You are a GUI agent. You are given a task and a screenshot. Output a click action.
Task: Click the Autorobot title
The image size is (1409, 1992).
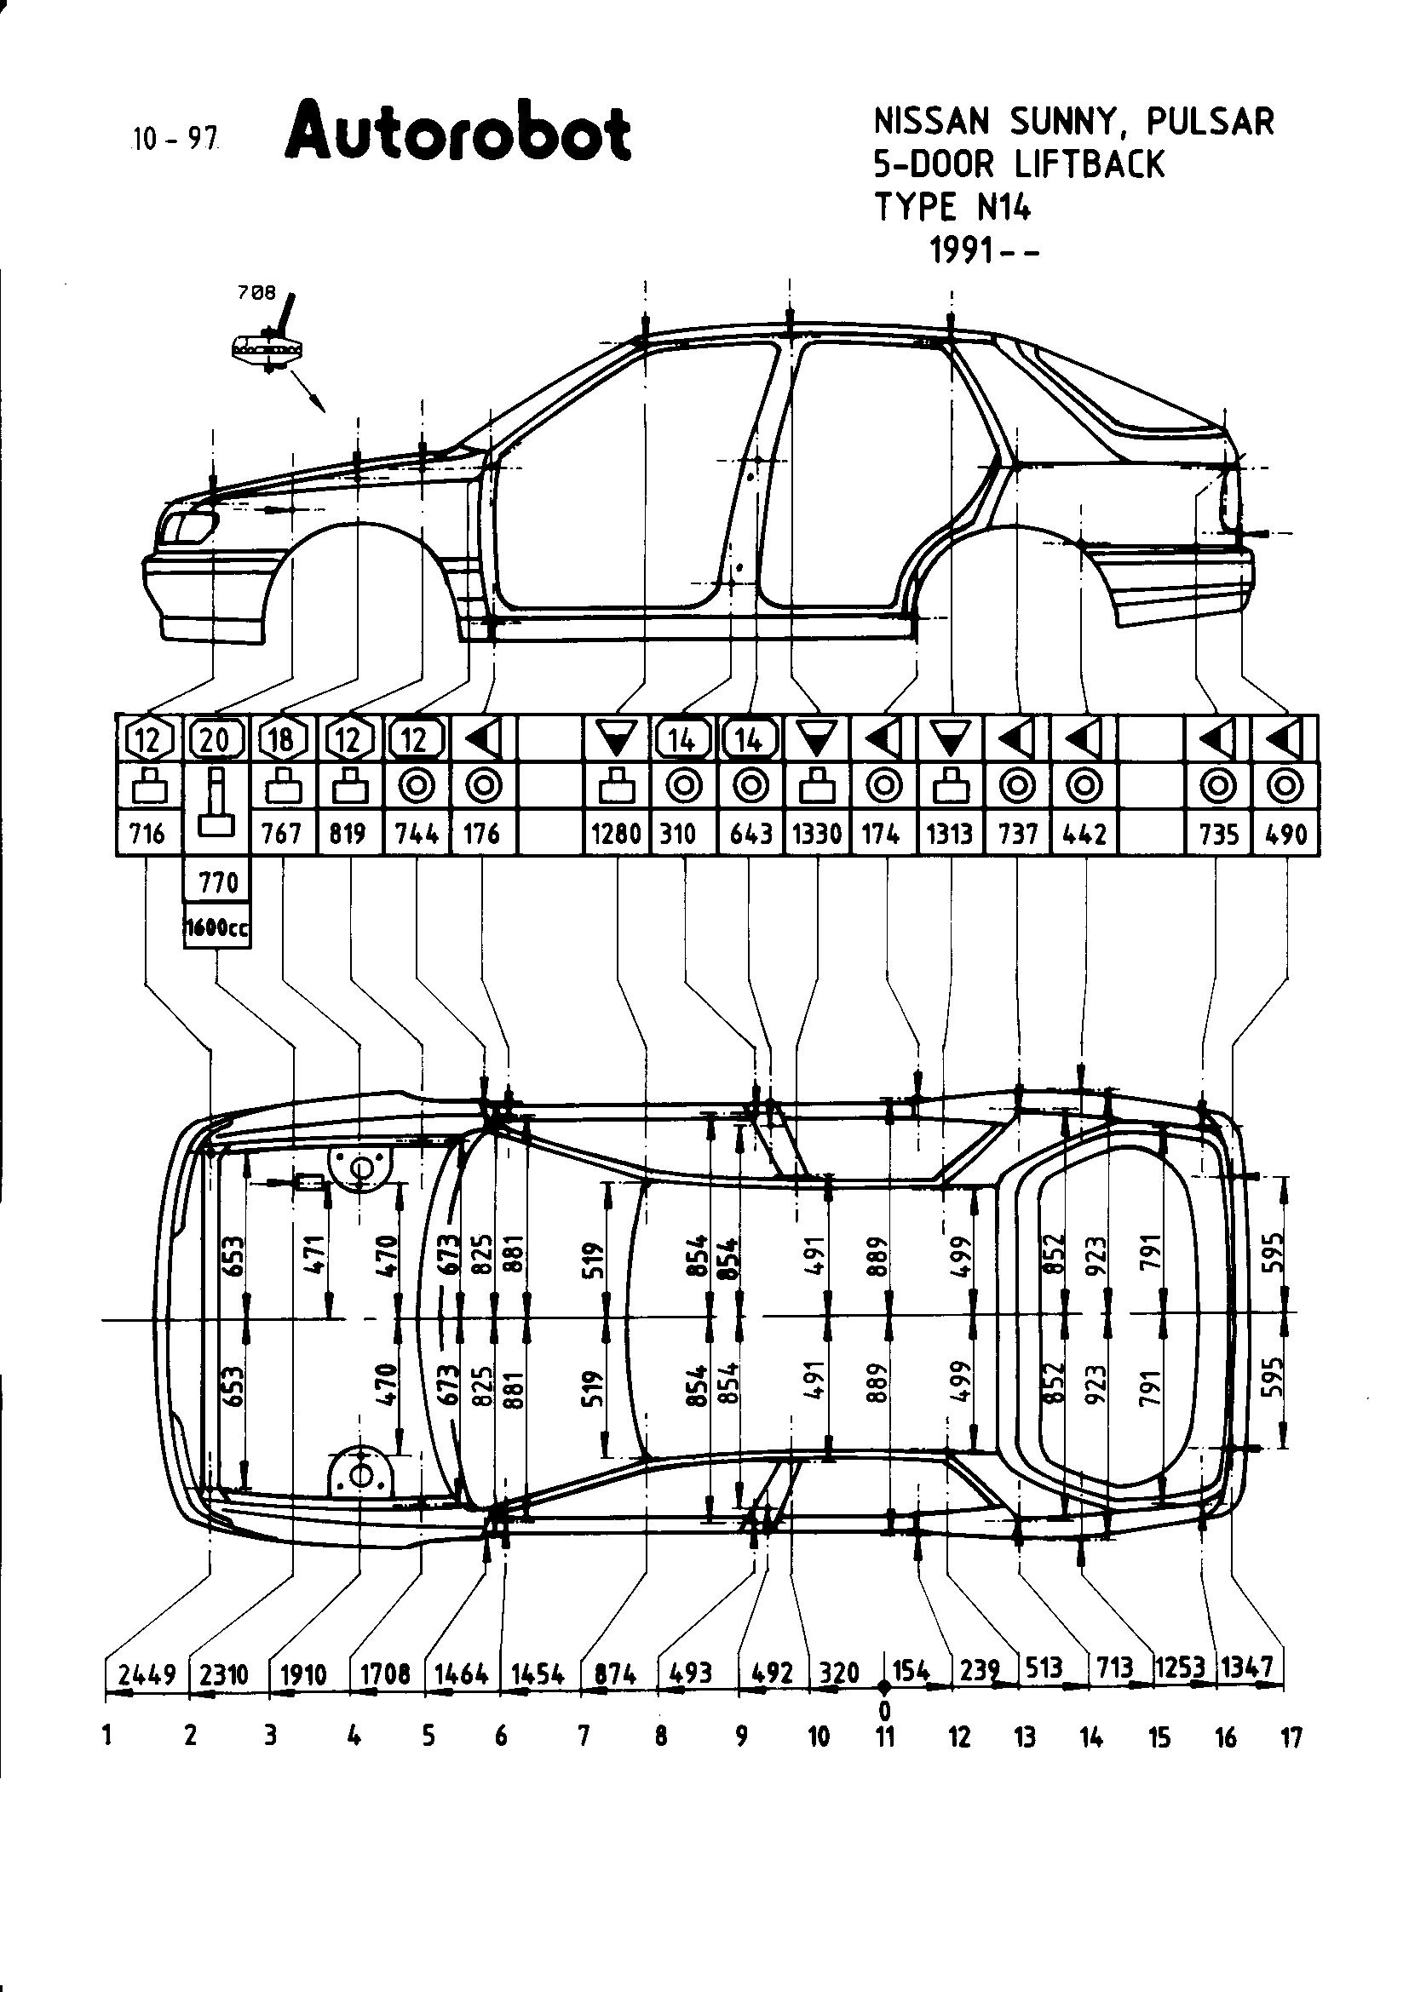458,135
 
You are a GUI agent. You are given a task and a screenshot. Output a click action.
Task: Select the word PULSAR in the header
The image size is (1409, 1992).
1211,123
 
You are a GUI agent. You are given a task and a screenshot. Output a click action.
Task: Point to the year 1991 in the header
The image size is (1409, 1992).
961,251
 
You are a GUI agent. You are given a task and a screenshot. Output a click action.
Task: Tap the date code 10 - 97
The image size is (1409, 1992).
174,138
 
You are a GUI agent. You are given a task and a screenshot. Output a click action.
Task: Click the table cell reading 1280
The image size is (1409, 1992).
615,834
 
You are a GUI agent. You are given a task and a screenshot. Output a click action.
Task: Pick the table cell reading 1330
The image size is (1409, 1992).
816,834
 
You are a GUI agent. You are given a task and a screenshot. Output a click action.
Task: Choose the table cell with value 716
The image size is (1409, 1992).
147,834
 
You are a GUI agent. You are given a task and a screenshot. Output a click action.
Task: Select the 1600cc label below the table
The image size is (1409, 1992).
217,928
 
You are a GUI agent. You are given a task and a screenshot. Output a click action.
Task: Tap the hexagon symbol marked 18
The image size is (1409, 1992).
281,739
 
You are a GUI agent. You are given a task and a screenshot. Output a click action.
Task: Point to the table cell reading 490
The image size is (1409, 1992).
1285,834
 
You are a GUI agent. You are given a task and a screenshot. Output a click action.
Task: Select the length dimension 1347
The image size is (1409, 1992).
1247,1667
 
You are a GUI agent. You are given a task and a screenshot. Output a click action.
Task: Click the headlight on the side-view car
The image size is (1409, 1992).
191,526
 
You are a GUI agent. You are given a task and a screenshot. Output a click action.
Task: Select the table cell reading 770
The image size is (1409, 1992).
217,882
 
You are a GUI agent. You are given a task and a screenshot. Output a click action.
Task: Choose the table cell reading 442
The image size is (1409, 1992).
1084,834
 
